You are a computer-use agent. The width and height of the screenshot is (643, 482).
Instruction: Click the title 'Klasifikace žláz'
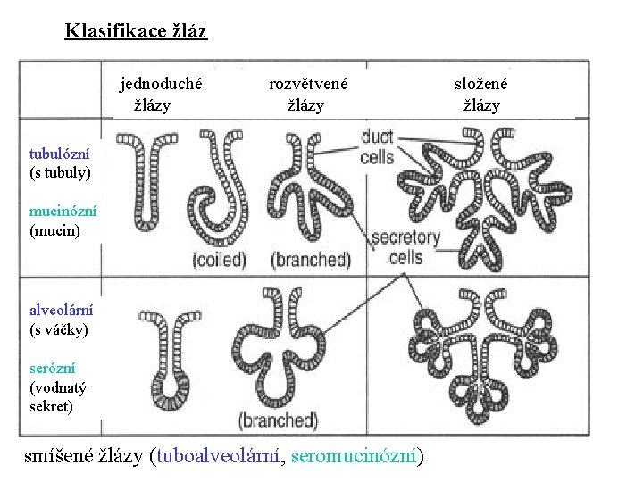(x=136, y=32)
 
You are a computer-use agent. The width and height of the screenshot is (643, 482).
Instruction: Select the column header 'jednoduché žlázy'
(x=161, y=94)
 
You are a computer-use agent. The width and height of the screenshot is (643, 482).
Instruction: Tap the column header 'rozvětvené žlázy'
(x=308, y=94)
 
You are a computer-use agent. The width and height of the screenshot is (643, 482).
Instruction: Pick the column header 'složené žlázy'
(x=480, y=94)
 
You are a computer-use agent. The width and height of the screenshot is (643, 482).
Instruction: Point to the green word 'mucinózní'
(x=63, y=212)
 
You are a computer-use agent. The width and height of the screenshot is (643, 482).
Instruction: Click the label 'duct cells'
(x=377, y=147)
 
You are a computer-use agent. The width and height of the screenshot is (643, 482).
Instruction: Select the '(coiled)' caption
(x=219, y=260)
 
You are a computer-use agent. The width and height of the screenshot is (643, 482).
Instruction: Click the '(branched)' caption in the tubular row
(x=311, y=260)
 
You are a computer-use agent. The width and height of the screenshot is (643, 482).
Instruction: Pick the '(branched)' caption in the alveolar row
(x=278, y=420)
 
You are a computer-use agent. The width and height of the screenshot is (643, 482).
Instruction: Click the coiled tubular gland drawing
(x=219, y=192)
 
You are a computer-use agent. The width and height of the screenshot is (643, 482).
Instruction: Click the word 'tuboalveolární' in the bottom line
(x=218, y=456)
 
